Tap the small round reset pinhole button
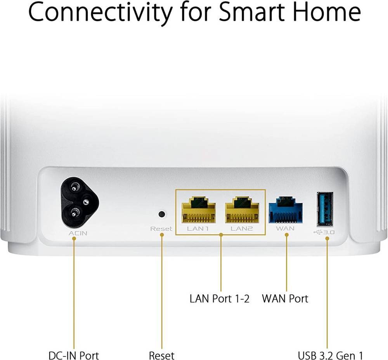162,214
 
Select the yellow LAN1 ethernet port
198,210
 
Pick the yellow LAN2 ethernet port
242,210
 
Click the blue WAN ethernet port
286,210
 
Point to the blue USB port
325,209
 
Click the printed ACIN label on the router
78,233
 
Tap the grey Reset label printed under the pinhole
161,229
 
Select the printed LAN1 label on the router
198,228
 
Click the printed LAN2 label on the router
242,228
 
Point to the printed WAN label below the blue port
285,228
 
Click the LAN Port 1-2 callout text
220,299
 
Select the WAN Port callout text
285,299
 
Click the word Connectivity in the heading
100,12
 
